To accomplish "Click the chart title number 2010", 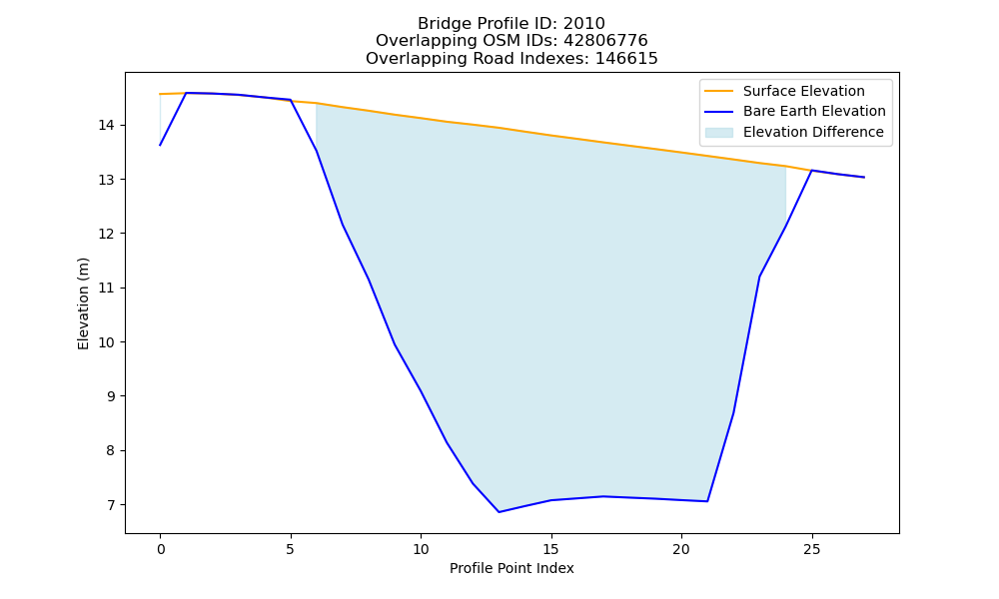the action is [x=583, y=24].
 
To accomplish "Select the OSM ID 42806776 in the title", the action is [x=605, y=41].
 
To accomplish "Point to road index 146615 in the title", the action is [x=626, y=59].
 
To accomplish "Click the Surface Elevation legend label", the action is [x=803, y=91].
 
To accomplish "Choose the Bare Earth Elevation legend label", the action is [x=814, y=111].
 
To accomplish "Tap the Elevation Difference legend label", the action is [x=813, y=132].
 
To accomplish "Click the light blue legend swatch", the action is [x=718, y=133].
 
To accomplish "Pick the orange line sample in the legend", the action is [x=718, y=91].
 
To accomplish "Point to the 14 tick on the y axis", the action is [x=106, y=126].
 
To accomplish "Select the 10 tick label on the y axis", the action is [x=106, y=342].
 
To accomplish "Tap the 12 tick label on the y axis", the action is [x=106, y=235].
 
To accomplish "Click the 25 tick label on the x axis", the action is [x=811, y=549].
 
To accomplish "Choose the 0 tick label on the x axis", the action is [x=160, y=549].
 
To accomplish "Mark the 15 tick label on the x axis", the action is [x=551, y=549].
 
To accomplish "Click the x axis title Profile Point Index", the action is [x=511, y=568].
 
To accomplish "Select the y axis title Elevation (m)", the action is [x=84, y=303].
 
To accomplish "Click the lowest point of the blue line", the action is [x=499, y=512].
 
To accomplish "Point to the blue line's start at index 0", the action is [x=160, y=145].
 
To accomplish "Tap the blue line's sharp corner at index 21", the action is [x=707, y=501].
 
